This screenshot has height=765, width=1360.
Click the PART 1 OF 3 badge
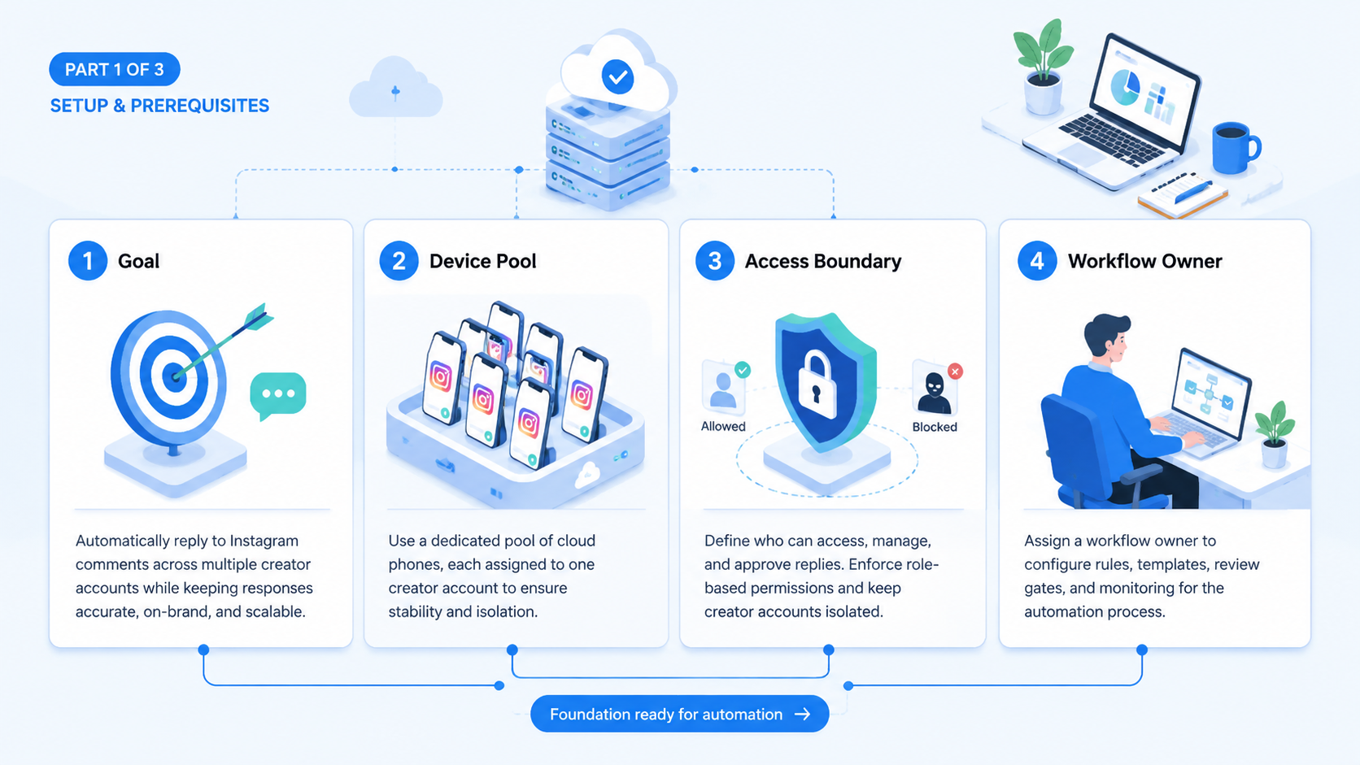tap(114, 69)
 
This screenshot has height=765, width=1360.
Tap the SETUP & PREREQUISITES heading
tap(159, 106)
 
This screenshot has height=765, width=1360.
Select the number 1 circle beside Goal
tap(88, 261)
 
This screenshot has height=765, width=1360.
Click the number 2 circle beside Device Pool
tap(399, 261)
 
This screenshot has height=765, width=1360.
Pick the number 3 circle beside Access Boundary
tap(715, 261)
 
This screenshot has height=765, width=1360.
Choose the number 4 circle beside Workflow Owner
tap(1037, 261)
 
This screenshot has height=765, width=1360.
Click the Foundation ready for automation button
tap(679, 714)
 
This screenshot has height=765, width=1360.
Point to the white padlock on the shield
tap(817, 385)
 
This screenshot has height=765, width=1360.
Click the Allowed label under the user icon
tap(723, 427)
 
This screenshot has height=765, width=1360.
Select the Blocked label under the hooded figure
tap(935, 427)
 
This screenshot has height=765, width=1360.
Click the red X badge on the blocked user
tap(955, 372)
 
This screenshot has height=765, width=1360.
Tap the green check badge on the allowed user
tap(743, 369)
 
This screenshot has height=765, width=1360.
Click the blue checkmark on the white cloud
tap(618, 77)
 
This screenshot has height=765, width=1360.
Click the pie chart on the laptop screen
tap(1125, 87)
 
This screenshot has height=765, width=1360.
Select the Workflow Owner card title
tap(1144, 261)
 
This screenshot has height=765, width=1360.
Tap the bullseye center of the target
tap(175, 376)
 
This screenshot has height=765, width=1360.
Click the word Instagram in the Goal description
tap(264, 541)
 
